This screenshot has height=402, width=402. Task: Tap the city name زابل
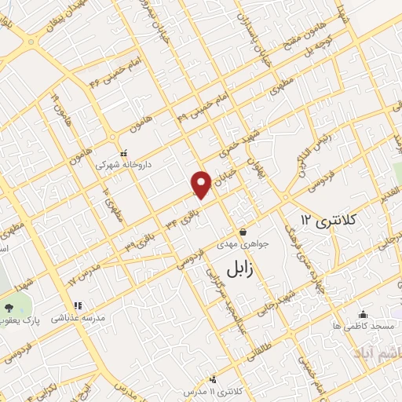coord(243,268)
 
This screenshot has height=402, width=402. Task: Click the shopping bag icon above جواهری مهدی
coord(244,232)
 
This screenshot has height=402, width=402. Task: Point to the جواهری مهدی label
coord(246,243)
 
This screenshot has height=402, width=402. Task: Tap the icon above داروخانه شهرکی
coord(122,154)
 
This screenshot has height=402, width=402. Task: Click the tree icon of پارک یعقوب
coord(9,307)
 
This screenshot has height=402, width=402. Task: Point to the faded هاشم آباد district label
coord(374,346)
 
